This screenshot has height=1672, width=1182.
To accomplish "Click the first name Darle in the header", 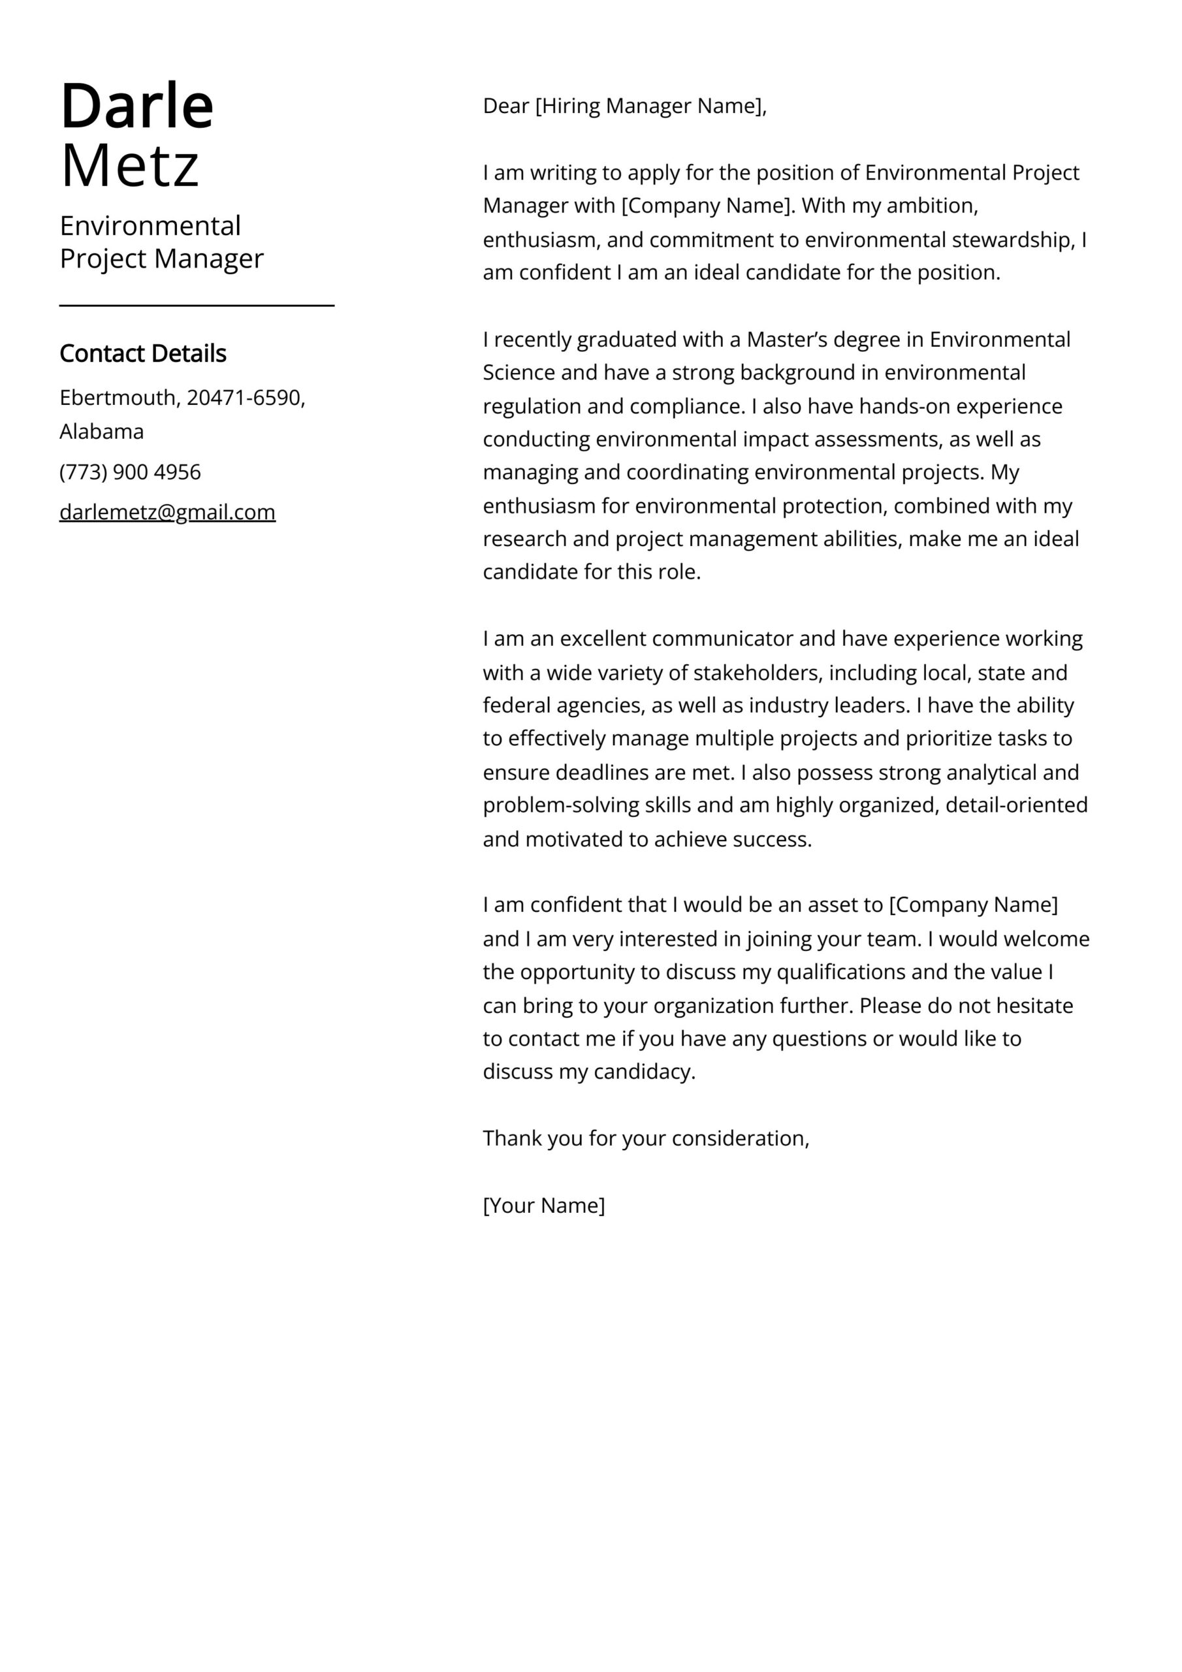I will [136, 106].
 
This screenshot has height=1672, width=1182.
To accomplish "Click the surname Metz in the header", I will [130, 166].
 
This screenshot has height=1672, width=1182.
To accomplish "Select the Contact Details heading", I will [143, 353].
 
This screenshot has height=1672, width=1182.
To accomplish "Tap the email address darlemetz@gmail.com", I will [168, 512].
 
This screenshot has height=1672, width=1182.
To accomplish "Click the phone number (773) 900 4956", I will [130, 472].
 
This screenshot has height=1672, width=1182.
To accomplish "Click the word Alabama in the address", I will [101, 432].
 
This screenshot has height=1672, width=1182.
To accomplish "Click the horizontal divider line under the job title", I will [197, 306].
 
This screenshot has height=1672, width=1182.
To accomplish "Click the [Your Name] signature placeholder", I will [543, 1205].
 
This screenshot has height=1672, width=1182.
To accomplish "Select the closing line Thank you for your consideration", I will [645, 1138].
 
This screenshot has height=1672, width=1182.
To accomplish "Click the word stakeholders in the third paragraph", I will [758, 672].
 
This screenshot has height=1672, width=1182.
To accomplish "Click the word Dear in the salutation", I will [505, 106].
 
